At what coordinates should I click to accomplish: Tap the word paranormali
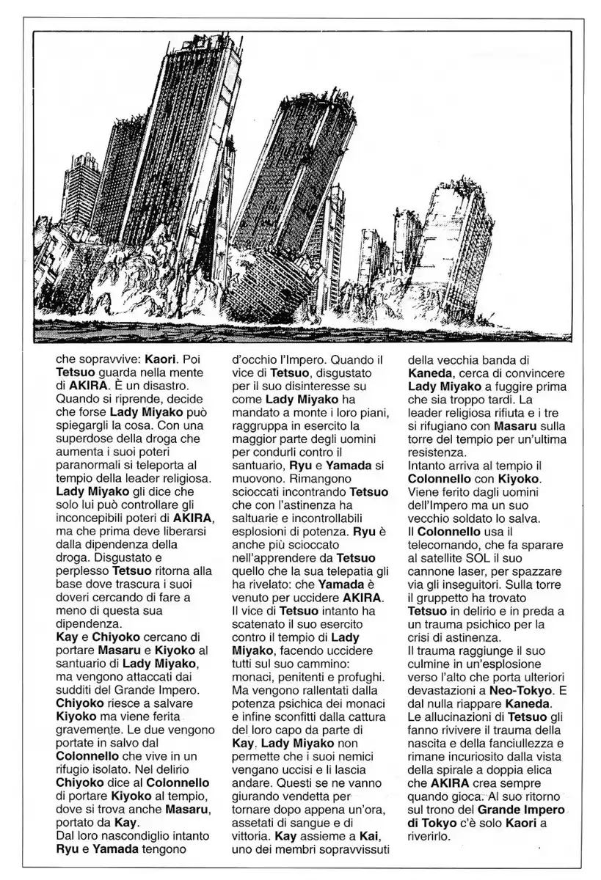pos(92,464)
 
